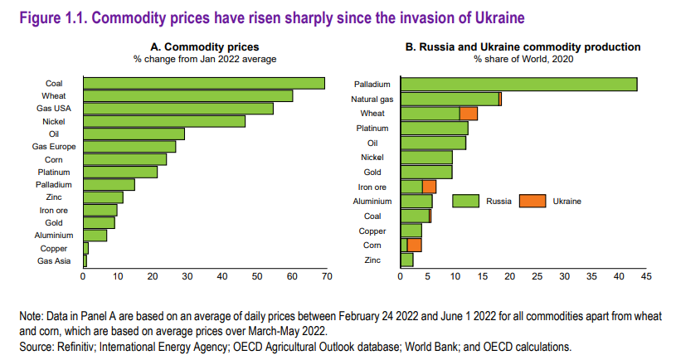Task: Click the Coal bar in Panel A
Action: [x=203, y=83]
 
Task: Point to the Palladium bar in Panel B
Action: [x=518, y=84]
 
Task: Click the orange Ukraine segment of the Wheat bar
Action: [x=469, y=114]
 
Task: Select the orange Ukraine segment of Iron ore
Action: [x=429, y=187]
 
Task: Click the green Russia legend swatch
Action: [x=466, y=201]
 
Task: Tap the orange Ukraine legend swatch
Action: [x=532, y=201]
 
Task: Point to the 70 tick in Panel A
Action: [x=327, y=276]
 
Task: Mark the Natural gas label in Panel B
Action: [x=372, y=99]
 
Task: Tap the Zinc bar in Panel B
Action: [x=406, y=260]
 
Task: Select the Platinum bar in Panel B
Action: [x=434, y=128]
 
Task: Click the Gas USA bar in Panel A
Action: [x=178, y=109]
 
